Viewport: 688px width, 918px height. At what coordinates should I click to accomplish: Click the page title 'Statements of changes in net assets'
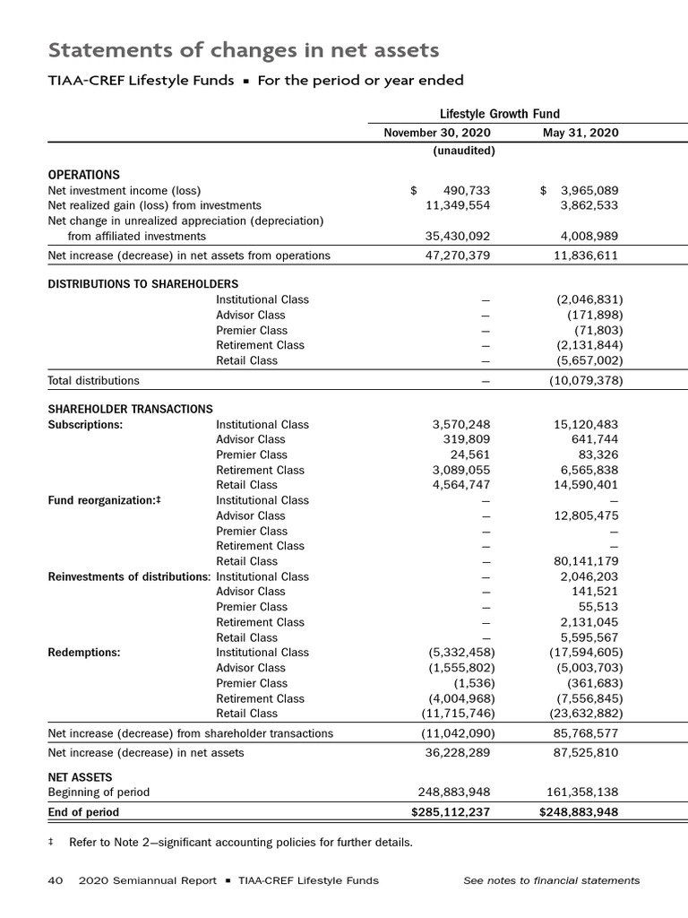point(243,48)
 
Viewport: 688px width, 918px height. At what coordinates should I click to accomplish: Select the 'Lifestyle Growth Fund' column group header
point(500,114)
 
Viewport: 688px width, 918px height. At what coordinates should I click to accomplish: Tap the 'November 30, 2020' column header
point(437,134)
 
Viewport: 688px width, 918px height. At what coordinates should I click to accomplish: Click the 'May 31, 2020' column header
point(580,134)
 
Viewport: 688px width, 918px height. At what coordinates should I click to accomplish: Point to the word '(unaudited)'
point(463,151)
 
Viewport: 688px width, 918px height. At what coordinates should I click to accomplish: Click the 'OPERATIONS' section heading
point(83,175)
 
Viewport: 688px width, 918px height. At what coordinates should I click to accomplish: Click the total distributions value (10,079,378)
point(586,381)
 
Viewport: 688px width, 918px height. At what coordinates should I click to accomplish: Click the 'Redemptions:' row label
point(83,653)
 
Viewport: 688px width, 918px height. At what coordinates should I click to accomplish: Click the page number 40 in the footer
point(54,880)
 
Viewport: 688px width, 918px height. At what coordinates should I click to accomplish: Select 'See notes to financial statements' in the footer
point(551,880)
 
